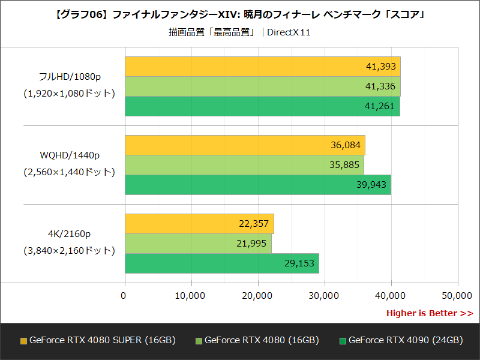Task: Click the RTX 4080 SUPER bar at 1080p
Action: [x=262, y=67]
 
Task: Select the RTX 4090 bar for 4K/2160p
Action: [x=222, y=263]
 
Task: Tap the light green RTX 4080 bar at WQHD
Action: [x=244, y=165]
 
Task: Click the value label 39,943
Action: [x=371, y=185]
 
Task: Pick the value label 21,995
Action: [x=253, y=244]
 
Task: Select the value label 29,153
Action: [x=299, y=263]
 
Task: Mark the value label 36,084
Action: [x=346, y=145]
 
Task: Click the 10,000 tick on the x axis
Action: [x=191, y=295]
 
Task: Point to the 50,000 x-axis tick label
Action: [x=457, y=295]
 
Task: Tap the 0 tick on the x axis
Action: [x=124, y=295]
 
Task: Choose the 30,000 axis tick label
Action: [x=324, y=295]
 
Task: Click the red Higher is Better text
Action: [x=429, y=313]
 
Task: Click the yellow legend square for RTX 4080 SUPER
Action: [x=23, y=341]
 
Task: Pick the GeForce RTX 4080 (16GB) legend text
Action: [x=261, y=340]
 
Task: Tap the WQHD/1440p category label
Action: [x=69, y=156]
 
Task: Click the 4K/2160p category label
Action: [x=69, y=234]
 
